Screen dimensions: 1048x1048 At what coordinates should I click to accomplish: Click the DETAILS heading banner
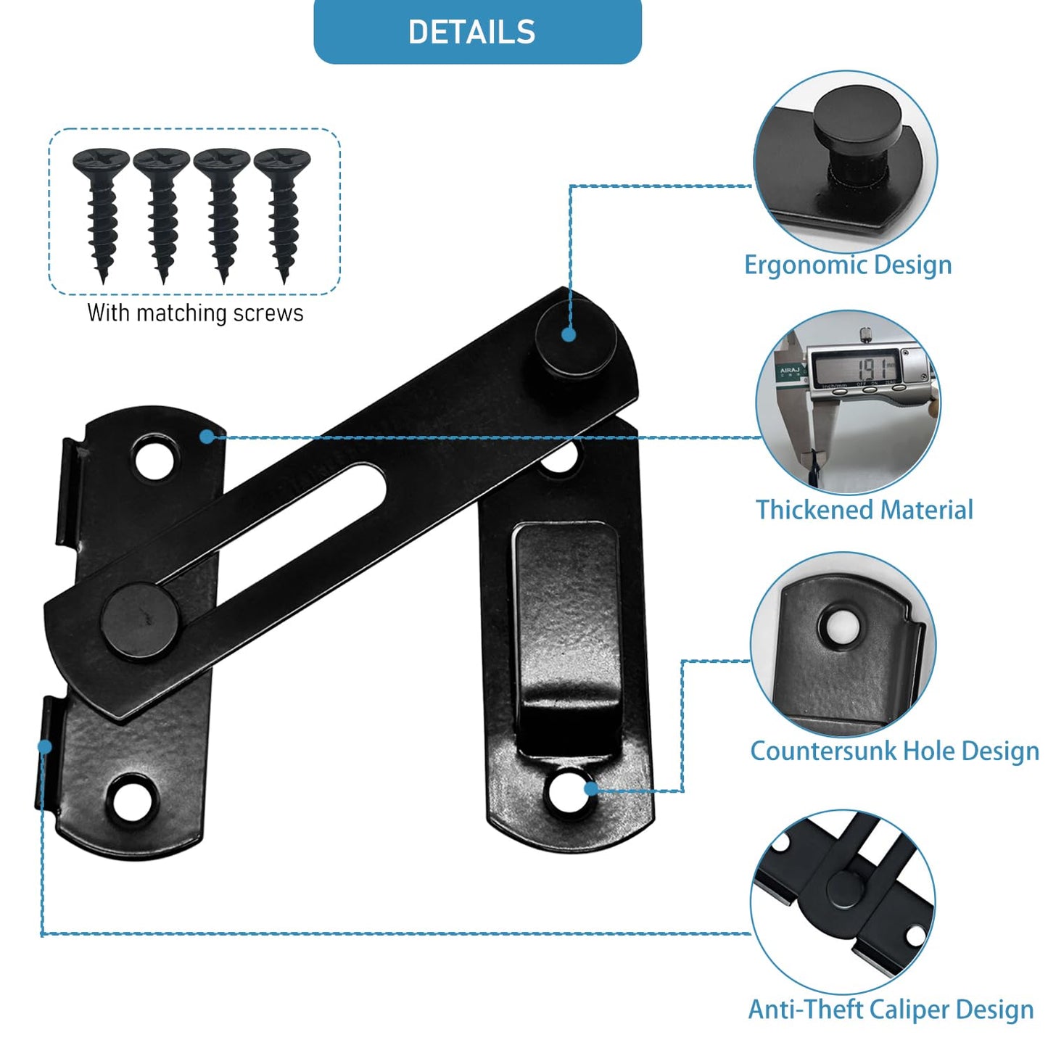click(x=476, y=32)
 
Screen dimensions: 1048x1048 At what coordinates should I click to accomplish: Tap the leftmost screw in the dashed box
click(x=101, y=210)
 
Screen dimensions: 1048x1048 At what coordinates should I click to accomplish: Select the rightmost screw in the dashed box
click(x=282, y=210)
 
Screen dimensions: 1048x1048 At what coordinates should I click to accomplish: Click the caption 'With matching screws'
click(x=195, y=313)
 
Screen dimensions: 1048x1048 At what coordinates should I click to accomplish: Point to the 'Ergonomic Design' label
click(x=847, y=265)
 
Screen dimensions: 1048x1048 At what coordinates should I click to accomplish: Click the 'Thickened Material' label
click(x=864, y=510)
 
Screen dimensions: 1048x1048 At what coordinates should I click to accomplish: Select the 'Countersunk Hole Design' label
click(x=894, y=751)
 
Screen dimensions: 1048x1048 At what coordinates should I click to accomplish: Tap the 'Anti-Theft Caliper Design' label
click(x=891, y=1010)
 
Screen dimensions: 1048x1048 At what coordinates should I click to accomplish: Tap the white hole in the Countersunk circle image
click(x=841, y=627)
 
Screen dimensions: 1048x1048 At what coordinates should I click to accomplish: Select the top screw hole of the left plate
click(x=154, y=458)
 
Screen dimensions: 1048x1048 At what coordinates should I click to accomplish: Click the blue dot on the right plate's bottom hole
click(x=592, y=788)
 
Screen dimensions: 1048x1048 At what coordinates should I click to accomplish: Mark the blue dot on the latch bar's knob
click(x=569, y=334)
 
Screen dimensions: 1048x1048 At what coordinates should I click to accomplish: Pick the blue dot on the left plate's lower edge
click(x=45, y=746)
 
